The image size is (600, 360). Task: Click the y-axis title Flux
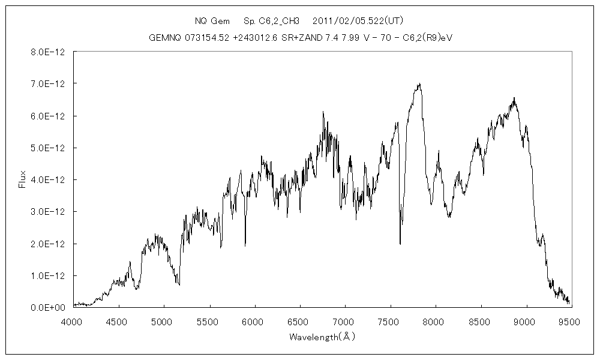pos(22,179)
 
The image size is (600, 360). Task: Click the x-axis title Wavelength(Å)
pos(322,337)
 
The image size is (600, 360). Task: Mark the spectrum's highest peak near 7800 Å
pos(420,84)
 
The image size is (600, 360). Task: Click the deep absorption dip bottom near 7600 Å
pos(400,244)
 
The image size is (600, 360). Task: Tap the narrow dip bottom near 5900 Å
pos(245,245)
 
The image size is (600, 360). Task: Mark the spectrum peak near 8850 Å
pos(514,98)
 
